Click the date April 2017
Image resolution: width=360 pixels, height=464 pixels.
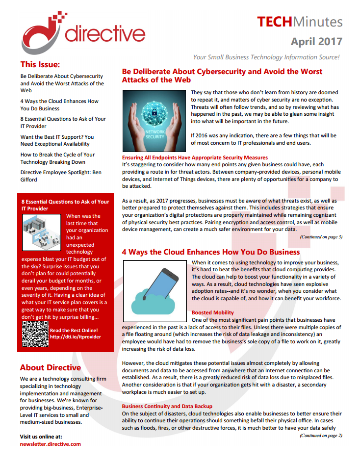[x=316, y=41]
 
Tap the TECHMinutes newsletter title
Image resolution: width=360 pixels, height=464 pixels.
[x=300, y=22]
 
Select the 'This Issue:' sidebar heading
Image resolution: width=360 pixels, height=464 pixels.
[x=40, y=64]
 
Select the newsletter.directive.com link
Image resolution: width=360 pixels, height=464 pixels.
[x=51, y=444]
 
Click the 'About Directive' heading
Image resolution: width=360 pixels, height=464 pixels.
[x=51, y=367]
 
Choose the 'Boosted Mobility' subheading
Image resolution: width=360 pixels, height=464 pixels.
[x=212, y=312]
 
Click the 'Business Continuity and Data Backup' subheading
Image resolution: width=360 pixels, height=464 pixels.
[x=167, y=406]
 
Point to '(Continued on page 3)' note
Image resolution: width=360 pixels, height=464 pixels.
[x=321, y=237]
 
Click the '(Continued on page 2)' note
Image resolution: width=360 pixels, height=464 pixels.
[x=321, y=435]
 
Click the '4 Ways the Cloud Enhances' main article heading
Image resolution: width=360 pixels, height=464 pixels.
[x=210, y=252]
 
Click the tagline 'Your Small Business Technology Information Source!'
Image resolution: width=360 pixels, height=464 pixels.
[x=266, y=57]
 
